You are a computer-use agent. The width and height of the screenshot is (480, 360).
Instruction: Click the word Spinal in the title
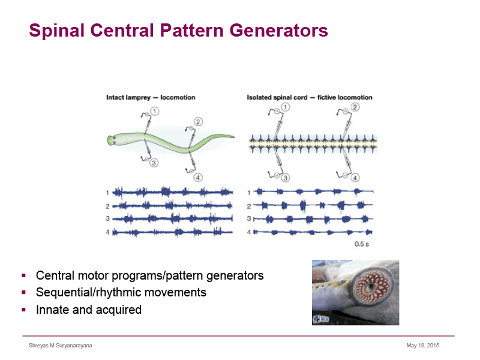coord(56,31)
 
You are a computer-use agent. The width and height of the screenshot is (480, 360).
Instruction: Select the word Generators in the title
coord(278,31)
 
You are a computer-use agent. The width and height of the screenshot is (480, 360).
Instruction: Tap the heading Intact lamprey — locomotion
coord(151,97)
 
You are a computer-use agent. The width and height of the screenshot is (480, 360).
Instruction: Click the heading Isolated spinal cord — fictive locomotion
coord(310,97)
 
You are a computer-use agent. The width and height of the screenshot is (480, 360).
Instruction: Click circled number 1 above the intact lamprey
coord(155,111)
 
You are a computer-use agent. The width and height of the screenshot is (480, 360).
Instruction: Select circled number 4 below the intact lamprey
coord(198,178)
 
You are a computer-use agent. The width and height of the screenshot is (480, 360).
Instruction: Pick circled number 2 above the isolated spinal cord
coord(355,107)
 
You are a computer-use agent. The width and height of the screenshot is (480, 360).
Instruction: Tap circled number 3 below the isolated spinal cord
coord(285,178)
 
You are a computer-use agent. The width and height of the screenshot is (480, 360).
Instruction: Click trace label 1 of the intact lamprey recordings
coord(107,193)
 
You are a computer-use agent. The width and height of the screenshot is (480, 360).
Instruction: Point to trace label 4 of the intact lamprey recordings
coord(107,232)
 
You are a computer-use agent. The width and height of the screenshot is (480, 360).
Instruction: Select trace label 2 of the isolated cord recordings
coord(249,206)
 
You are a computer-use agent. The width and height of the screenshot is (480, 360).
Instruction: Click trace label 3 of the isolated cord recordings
coord(249,218)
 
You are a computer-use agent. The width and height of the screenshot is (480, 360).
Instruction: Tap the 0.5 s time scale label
coord(362,244)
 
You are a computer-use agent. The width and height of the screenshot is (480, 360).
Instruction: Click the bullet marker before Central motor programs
coord(23,275)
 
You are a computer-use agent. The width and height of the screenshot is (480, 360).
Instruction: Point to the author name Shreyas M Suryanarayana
coord(61,346)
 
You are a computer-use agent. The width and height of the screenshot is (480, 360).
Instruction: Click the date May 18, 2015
coord(423,346)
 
